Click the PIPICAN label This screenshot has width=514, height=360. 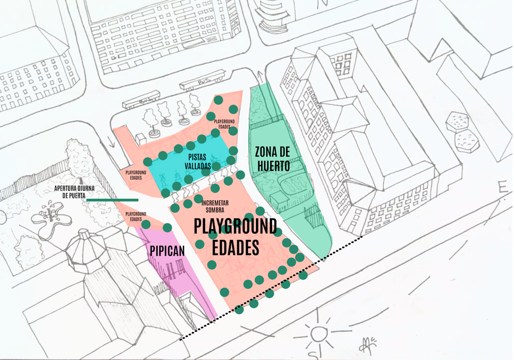click(167, 251)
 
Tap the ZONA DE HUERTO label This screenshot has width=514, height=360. click(273, 159)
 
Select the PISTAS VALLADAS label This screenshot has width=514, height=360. click(197, 162)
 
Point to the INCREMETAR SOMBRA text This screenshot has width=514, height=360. click(215, 206)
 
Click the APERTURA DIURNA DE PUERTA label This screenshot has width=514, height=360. click(74, 191)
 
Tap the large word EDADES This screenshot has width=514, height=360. click(236, 248)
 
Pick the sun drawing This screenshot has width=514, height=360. click(319, 334)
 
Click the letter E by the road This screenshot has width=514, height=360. click(503, 188)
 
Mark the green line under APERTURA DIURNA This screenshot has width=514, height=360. click(112, 200)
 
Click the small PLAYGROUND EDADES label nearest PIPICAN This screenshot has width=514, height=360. click(135, 217)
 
